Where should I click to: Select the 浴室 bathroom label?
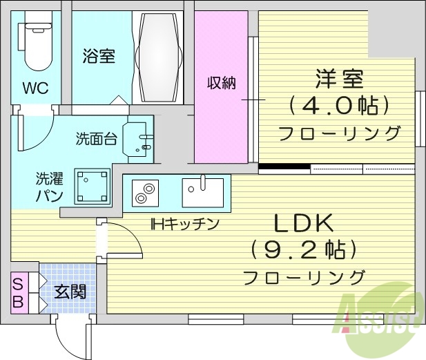coord(99,56)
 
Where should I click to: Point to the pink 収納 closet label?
coord(222,83)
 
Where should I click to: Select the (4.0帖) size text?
coord(339,106)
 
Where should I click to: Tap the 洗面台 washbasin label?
coord(95,138)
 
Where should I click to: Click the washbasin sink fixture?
coord(138,138)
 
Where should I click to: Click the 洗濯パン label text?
coord(50,187)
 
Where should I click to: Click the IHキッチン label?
coord(185,224)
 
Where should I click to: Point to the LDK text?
coord(304,222)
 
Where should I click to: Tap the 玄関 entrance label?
coord(70,292)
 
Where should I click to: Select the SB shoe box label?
coord(19,294)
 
